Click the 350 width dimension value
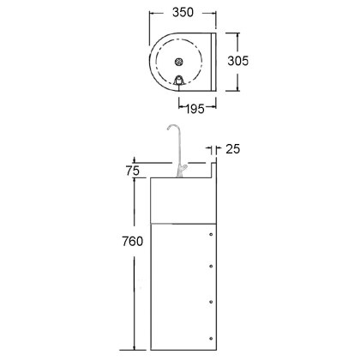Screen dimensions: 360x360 pos(183,12)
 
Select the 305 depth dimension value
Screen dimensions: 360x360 pos(238,61)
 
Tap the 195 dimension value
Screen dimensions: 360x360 pos(195,109)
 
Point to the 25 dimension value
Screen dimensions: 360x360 pos(233,149)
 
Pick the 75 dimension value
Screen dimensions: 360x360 pos(133,171)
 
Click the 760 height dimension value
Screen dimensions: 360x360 pos(133,242)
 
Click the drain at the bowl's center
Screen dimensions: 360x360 pos(179,62)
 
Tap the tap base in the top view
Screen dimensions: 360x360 pos(179,81)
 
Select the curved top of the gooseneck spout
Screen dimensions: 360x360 pos(172,127)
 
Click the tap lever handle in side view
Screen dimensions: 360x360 pos(183,168)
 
